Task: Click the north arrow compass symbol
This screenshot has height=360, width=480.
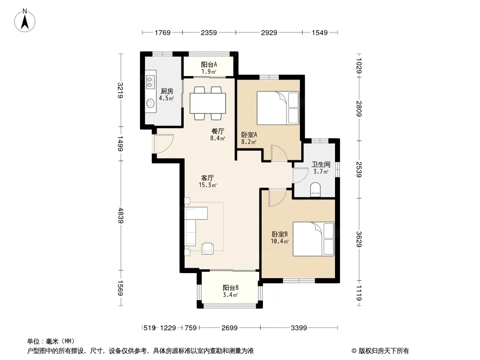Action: point(25,21)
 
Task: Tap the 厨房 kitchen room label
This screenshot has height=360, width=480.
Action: point(167,91)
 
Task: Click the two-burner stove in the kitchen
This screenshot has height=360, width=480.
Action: point(149,80)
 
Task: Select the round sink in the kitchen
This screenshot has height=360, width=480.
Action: point(150,103)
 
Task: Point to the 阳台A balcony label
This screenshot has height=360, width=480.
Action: point(209,64)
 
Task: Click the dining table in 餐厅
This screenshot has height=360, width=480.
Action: point(208,103)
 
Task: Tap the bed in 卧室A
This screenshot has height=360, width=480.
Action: point(278,108)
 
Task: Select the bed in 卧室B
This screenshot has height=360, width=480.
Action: point(313,239)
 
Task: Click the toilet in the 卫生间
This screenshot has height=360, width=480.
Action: point(315,189)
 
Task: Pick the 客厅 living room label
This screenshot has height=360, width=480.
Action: point(208,178)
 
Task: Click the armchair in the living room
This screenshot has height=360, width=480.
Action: point(208,248)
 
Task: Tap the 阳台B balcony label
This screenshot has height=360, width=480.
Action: point(231,288)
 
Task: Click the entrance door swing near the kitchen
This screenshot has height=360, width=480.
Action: point(163,144)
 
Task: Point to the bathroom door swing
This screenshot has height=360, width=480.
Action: point(300,175)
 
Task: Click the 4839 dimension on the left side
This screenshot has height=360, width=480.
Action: point(121,216)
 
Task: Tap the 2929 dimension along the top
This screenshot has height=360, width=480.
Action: point(269,32)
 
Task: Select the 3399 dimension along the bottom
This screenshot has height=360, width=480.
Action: point(299,328)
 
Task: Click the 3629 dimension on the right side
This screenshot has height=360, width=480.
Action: point(359,239)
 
